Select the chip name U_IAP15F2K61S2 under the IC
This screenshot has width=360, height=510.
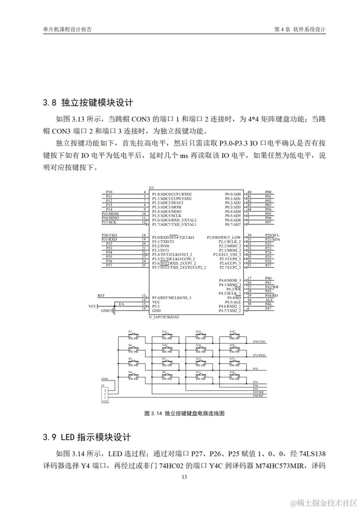click(x=164, y=317)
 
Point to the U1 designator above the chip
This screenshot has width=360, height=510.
click(x=151, y=187)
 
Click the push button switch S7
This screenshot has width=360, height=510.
click(x=133, y=334)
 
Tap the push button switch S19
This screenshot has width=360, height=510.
click(x=235, y=334)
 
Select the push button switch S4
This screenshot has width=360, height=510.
click(x=133, y=375)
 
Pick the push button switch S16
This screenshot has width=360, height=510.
click(x=235, y=375)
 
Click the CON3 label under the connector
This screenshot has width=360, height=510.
click(x=104, y=402)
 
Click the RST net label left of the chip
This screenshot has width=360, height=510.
click(x=101, y=295)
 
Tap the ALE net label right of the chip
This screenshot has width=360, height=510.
click(x=268, y=300)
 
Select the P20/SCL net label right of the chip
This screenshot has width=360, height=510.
click(x=271, y=235)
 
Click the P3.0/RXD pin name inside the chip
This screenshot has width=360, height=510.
click(x=161, y=237)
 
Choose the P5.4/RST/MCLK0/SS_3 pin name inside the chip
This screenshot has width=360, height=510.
click(x=171, y=298)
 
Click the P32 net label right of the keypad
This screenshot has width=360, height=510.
click(x=255, y=368)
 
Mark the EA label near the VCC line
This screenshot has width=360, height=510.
click(x=121, y=304)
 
